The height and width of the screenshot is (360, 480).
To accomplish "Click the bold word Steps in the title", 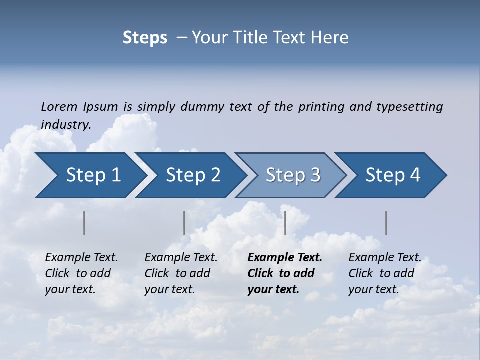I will point(145,38).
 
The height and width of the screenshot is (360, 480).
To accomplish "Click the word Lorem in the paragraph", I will point(59,106).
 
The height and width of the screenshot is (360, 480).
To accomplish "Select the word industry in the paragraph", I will point(65,125).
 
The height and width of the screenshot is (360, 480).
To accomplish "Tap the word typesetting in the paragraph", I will point(409,106).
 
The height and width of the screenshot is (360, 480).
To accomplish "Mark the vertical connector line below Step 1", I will point(84,223).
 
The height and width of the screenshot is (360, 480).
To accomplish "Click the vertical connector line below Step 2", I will point(184,223).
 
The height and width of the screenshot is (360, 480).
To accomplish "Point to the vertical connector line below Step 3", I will point(285,223).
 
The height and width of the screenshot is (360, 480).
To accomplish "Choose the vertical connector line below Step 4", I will point(386,223).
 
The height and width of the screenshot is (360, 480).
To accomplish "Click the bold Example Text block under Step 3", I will point(284,273).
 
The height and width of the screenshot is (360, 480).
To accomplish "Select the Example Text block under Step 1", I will point(81,273).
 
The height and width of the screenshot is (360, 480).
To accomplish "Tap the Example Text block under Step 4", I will point(384,273).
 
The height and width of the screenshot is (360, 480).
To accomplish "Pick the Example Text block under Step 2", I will point(181,273).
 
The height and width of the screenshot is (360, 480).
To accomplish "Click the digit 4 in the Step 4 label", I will point(415,175).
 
